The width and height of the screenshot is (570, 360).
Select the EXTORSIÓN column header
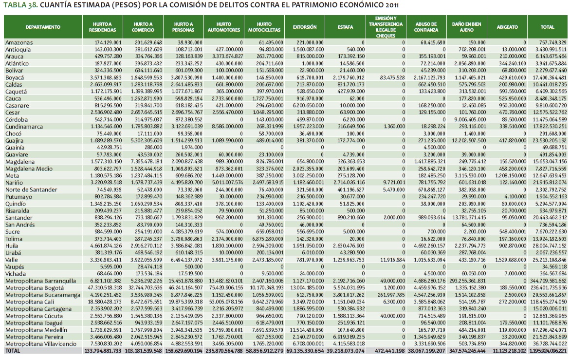pyautogui.click(x=305, y=27)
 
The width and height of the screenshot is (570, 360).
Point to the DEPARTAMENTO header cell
pyautogui.click(x=43, y=27)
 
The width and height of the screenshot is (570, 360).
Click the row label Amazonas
pyautogui.click(x=19, y=43)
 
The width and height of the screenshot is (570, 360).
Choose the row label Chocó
pyautogui.click(x=14, y=133)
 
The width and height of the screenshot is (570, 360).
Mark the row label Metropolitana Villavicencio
pyautogui.click(x=40, y=344)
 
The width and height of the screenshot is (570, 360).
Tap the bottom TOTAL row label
pyautogui.click(x=14, y=351)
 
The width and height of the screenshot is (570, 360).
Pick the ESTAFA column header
pyautogui.click(x=345, y=27)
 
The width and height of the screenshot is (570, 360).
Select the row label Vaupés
pyautogui.click(x=16, y=266)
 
